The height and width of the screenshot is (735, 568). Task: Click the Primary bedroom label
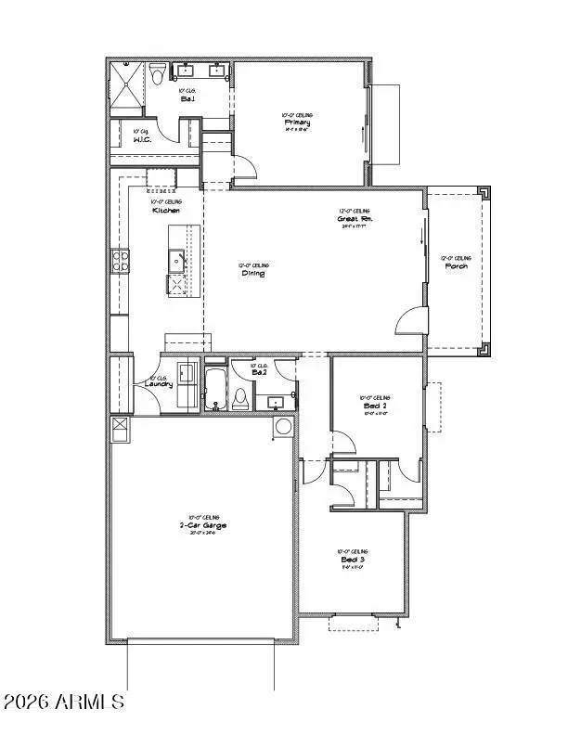click(x=297, y=122)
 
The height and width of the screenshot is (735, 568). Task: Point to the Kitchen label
click(x=166, y=211)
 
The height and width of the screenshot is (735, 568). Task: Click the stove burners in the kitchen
click(x=120, y=261)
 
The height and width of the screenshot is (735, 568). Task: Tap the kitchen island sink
click(x=175, y=259)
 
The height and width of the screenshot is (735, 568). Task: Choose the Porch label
click(x=456, y=266)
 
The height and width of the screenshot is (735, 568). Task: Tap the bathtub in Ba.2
click(x=215, y=390)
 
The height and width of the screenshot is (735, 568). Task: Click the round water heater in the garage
click(x=283, y=427)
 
